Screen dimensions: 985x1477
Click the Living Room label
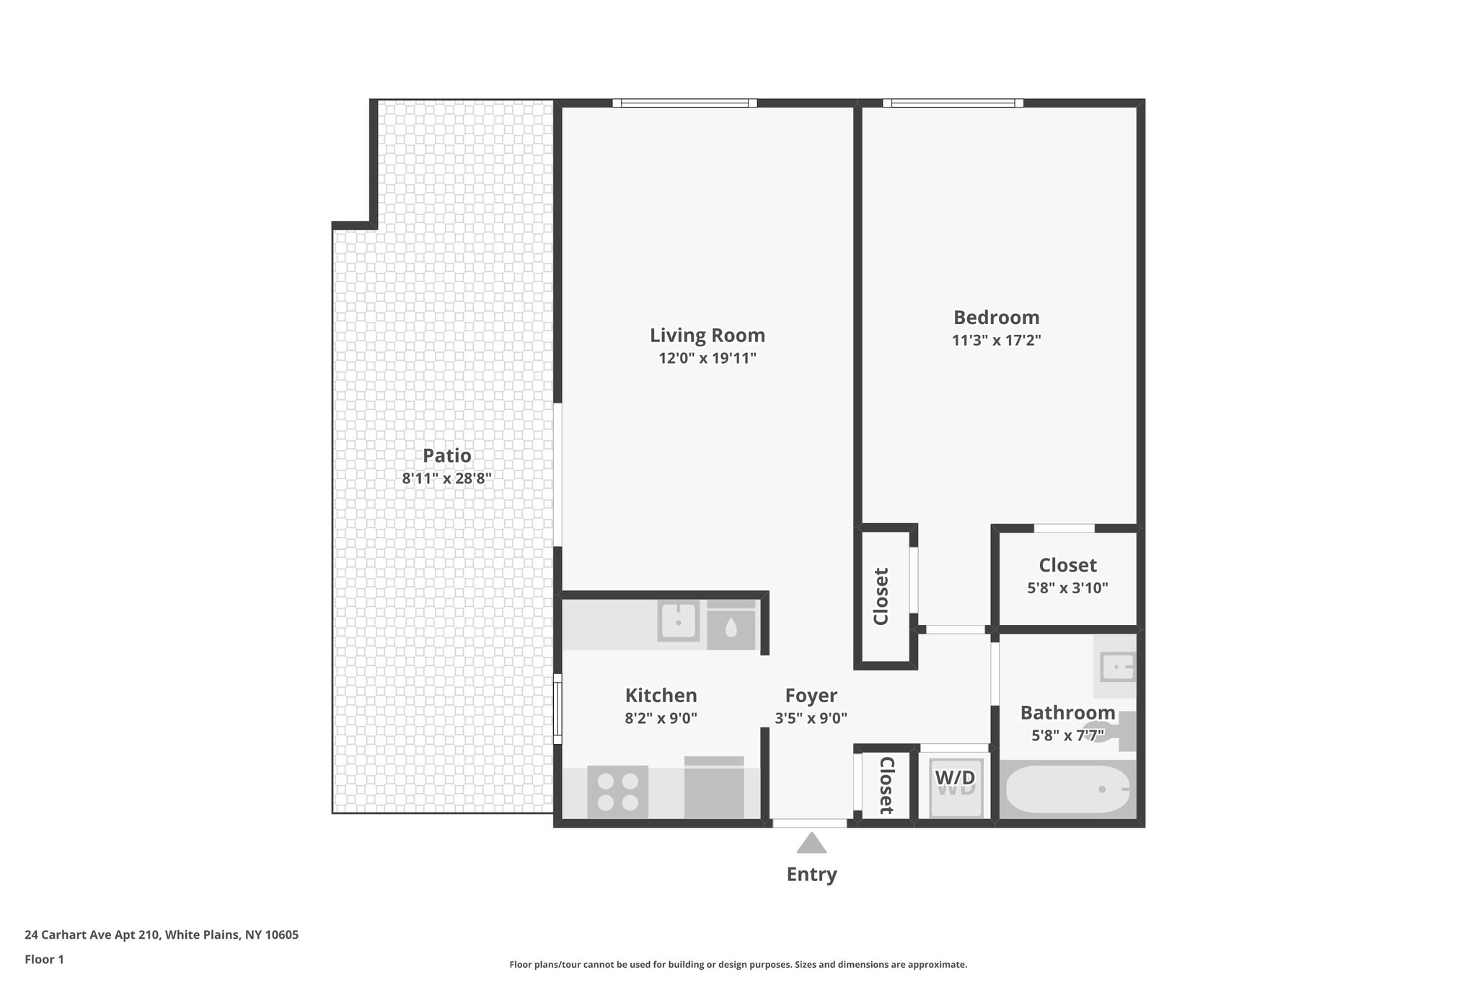pyautogui.click(x=707, y=335)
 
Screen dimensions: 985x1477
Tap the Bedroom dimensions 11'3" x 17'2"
pyautogui.click(x=996, y=340)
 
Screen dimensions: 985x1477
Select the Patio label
pyautogui.click(x=446, y=455)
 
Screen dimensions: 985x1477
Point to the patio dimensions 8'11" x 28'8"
pyautogui.click(x=446, y=478)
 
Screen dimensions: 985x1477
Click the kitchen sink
pyautogui.click(x=678, y=621)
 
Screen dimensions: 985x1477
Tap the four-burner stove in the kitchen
pyautogui.click(x=617, y=792)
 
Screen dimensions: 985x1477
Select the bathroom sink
pyautogui.click(x=1116, y=667)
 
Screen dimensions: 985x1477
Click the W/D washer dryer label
pyautogui.click(x=955, y=778)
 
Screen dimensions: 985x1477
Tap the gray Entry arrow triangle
pyautogui.click(x=811, y=844)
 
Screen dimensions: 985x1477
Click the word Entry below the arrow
pyautogui.click(x=811, y=875)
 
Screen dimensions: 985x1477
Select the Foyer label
pyautogui.click(x=811, y=696)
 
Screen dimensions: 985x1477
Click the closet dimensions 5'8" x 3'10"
pyautogui.click(x=1067, y=588)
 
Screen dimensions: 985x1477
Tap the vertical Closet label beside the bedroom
pyautogui.click(x=881, y=596)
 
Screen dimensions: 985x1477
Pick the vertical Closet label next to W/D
pyautogui.click(x=886, y=786)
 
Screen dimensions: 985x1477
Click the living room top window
pyautogui.click(x=684, y=103)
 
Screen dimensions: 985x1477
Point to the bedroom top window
pyautogui.click(x=953, y=103)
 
